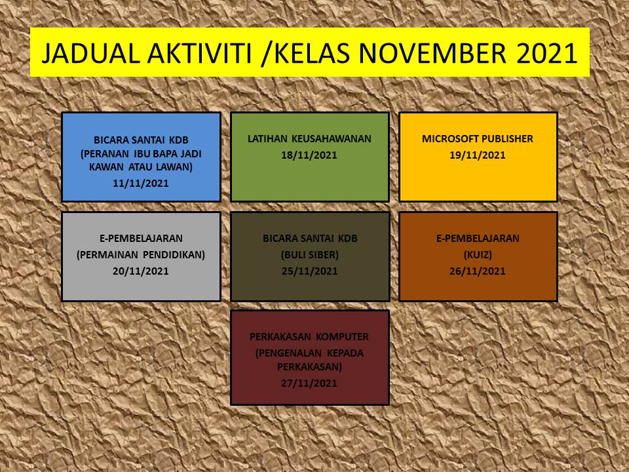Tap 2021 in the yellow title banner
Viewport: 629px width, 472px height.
(546, 53)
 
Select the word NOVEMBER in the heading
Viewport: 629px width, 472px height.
(432, 53)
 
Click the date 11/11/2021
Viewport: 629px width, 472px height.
(141, 184)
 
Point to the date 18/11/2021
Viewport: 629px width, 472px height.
(309, 155)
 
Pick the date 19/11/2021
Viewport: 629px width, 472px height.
(478, 155)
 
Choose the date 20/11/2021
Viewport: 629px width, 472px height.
(141, 271)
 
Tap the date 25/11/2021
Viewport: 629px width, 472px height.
(310, 271)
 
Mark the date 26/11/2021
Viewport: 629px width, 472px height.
(478, 271)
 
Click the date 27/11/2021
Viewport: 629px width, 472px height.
(309, 383)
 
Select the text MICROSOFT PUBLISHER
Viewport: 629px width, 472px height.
(478, 139)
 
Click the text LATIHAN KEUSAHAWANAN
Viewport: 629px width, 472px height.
(309, 139)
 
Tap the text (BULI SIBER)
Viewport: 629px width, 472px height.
(310, 255)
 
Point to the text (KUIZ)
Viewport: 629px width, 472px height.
(478, 255)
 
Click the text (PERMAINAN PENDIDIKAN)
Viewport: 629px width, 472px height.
(141, 255)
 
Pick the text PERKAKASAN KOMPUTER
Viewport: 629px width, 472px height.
(309, 337)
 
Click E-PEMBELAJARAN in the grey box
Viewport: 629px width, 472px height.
(141, 239)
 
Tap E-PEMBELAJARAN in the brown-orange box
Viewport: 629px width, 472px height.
(478, 239)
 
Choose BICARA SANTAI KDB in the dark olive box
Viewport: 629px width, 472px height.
(310, 239)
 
